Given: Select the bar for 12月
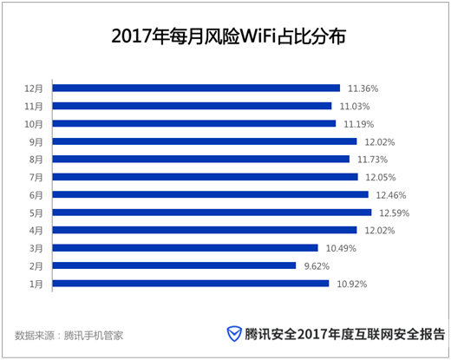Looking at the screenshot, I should pos(196,88).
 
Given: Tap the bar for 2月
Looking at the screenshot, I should pos(174,265).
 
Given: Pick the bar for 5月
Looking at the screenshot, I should pos(212,213).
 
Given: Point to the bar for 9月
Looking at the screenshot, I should pos(205,141).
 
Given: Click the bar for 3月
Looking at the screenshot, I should pos(186,248).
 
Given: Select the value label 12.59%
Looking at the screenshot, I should pos(392,213).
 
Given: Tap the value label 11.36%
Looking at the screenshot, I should pos(363,88).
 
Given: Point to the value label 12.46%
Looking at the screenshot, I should pos(389,195).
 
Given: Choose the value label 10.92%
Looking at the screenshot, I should pos(351,284).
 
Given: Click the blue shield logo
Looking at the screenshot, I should pos(234,334).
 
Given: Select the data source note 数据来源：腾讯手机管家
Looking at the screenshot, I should pos(69,334).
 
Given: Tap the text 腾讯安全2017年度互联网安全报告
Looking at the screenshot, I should pos(345,334).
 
